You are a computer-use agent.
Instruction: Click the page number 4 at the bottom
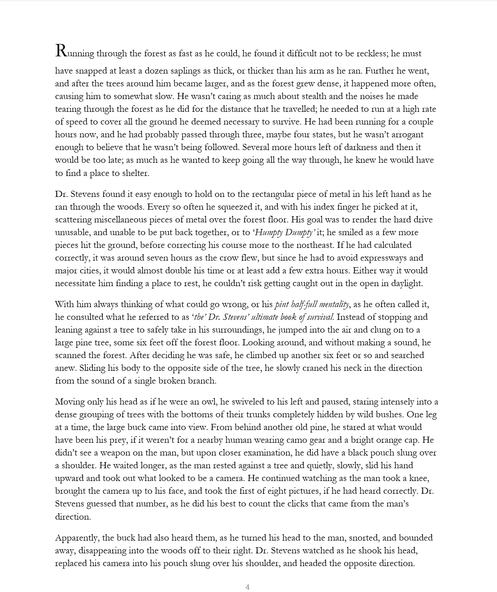pos(247,587)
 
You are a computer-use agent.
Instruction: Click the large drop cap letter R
pos(61,51)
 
